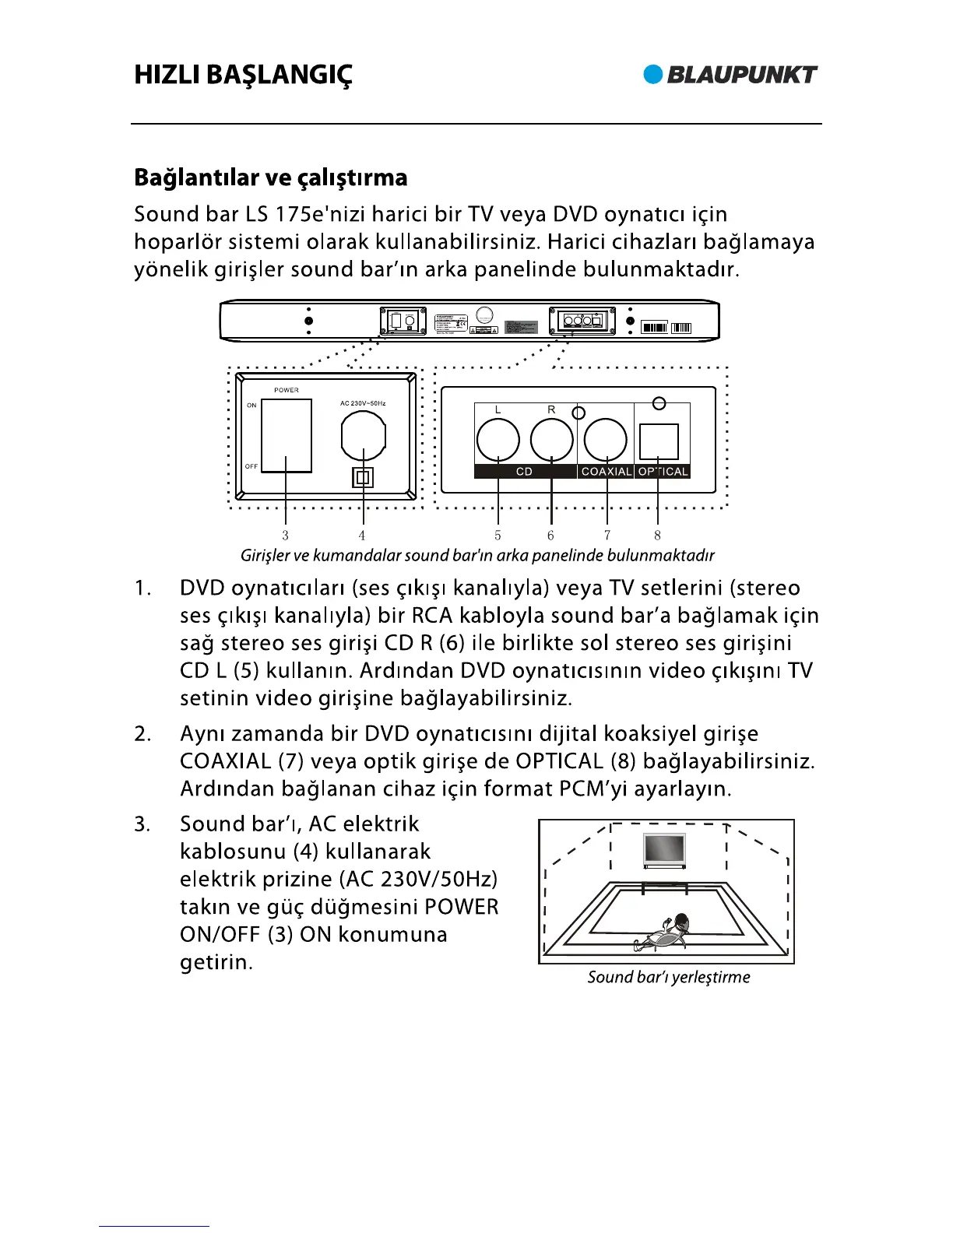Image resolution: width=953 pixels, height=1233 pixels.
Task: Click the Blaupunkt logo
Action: (730, 75)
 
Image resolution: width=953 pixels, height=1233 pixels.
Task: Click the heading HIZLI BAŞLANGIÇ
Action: (243, 76)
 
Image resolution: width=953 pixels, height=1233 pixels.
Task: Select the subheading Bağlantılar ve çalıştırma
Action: (270, 177)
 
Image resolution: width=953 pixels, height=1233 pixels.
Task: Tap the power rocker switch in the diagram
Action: (287, 435)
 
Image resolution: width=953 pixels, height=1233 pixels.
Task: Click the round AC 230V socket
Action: (364, 436)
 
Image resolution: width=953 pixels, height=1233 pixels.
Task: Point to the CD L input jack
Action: (498, 440)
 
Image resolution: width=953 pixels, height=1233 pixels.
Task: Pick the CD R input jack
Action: (551, 440)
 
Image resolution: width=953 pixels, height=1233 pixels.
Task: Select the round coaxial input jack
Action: (605, 440)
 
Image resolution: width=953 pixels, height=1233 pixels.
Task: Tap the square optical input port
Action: (659, 441)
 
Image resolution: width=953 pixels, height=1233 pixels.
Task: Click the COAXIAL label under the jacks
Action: (607, 472)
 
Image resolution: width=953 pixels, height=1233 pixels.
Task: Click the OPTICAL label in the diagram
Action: (663, 472)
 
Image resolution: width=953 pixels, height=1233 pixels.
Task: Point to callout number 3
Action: (286, 536)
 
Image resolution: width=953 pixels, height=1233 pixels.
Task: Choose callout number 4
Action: (362, 536)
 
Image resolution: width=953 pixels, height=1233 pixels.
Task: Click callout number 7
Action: (607, 536)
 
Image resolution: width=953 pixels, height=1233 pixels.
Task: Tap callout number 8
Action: (658, 536)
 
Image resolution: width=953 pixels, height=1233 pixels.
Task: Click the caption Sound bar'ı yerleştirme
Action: (669, 977)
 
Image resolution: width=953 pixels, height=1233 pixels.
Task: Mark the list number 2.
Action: (142, 734)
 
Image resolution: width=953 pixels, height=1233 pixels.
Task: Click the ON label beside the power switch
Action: (251, 406)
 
